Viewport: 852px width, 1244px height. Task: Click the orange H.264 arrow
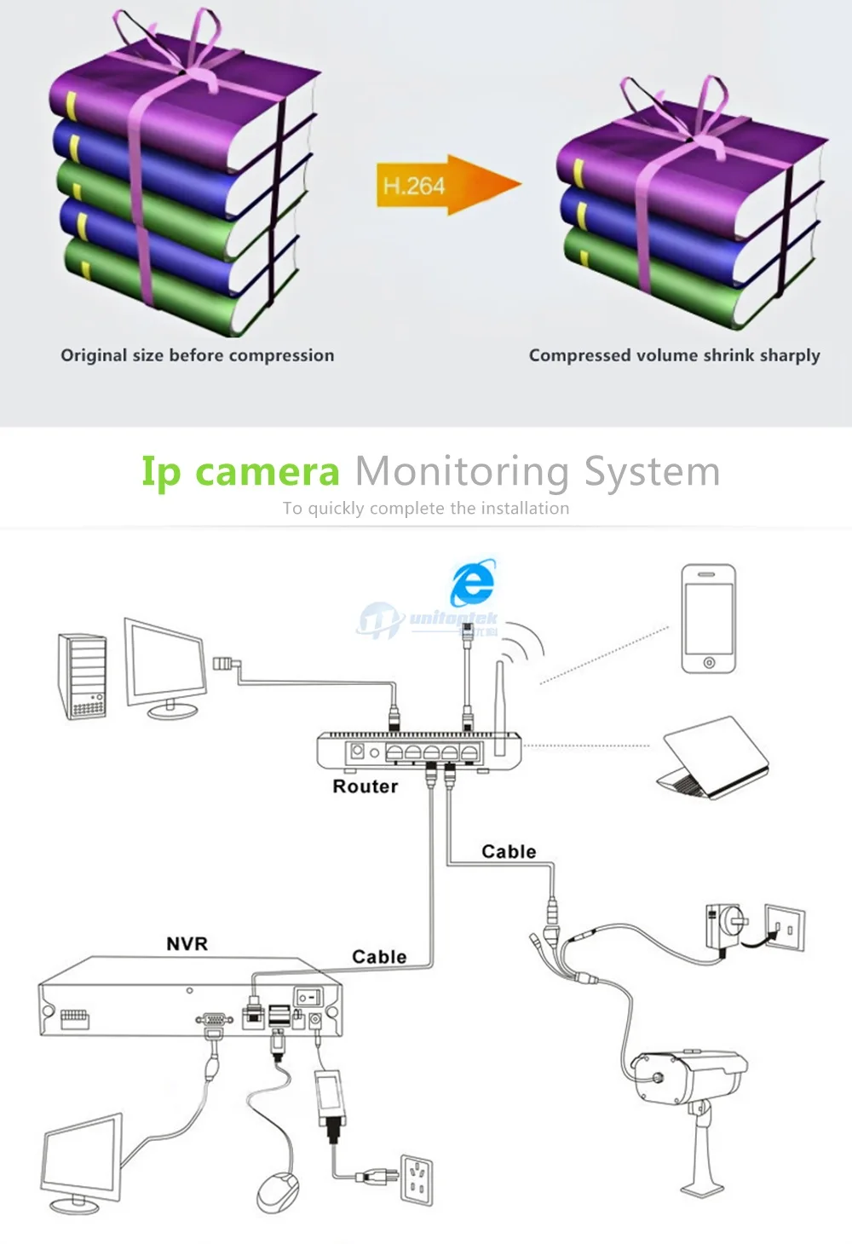[x=447, y=185]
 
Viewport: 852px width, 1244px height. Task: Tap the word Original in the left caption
[x=94, y=355]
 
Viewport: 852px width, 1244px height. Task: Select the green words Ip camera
[x=240, y=472]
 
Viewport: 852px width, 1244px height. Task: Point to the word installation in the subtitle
[x=525, y=508]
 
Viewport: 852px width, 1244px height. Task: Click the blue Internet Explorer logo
[x=473, y=582]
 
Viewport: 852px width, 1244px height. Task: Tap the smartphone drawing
[x=709, y=619]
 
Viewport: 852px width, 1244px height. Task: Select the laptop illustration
[x=713, y=758]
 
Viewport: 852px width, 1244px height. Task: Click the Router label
[x=365, y=786]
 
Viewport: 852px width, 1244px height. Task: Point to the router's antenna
[x=500, y=707]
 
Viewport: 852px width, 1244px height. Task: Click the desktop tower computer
[x=82, y=676]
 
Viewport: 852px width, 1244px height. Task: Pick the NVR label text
[x=187, y=943]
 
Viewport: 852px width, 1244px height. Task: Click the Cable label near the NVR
[x=379, y=956]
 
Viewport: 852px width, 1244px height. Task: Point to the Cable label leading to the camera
[x=509, y=851]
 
